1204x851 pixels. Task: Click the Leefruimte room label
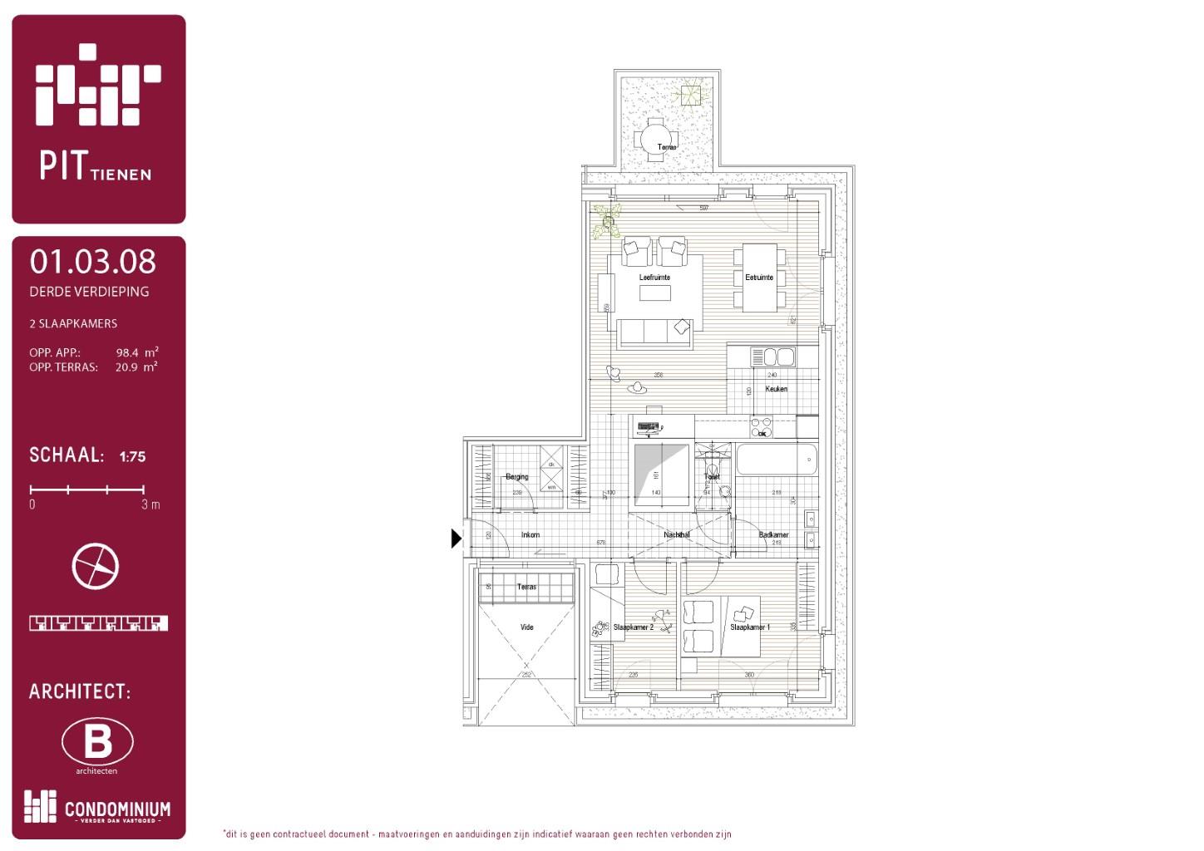tap(654, 278)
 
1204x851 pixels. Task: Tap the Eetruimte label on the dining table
tap(758, 278)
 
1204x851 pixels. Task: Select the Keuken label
tap(776, 389)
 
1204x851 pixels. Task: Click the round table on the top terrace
tap(656, 139)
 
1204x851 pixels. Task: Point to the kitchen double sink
tap(773, 357)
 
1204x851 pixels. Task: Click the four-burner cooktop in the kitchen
tap(762, 427)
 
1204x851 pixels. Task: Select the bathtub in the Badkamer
tap(777, 460)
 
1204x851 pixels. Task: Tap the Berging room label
tap(516, 477)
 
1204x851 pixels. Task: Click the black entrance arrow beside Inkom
tap(456, 539)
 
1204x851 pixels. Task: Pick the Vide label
tap(526, 627)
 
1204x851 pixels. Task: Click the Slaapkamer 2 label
tap(633, 627)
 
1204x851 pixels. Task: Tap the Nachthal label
tap(676, 534)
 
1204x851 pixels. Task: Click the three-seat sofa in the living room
tap(654, 332)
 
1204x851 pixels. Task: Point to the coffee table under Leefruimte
tap(654, 293)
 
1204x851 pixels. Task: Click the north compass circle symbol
tap(96, 566)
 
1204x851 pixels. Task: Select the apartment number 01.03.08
tap(92, 262)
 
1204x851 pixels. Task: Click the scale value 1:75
tap(132, 456)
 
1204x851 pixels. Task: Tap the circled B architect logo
tap(97, 741)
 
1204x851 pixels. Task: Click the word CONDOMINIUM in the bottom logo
tap(117, 809)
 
